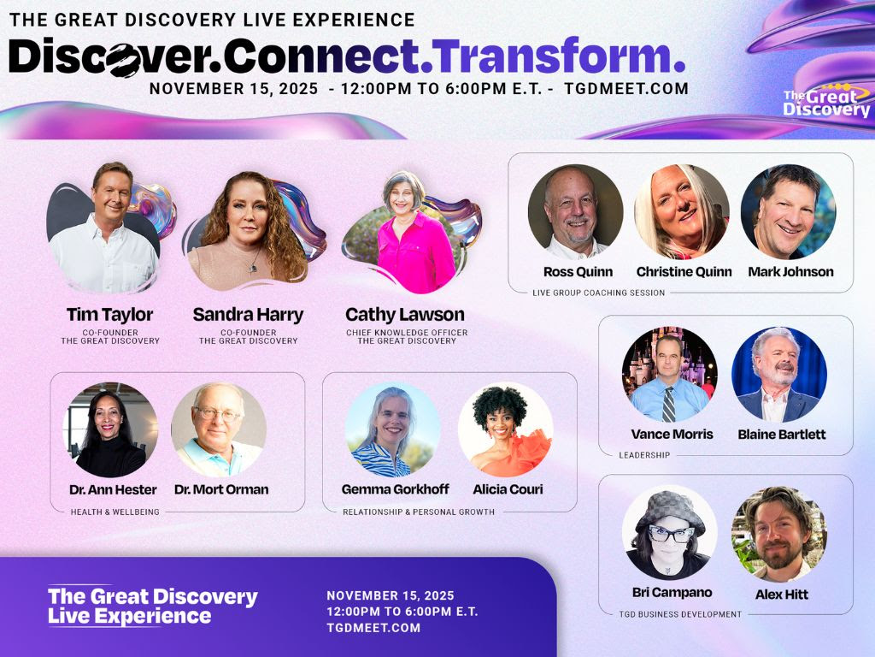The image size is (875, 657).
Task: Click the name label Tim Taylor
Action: point(109,315)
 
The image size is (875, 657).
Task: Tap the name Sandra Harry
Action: point(249,315)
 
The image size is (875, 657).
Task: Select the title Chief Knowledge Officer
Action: point(407,333)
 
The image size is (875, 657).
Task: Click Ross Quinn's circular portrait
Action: point(575,212)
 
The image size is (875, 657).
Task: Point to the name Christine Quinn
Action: point(684,272)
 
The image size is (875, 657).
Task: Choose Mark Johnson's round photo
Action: point(789,212)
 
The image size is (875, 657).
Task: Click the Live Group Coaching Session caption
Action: point(599,293)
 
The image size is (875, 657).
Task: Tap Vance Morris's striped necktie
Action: point(668,404)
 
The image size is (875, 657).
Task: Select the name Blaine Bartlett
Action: point(782,434)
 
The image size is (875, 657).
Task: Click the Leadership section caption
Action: point(644,455)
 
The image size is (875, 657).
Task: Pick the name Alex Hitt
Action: point(782,595)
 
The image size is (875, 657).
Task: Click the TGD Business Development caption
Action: point(680,614)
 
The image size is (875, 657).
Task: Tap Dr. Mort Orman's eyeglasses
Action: point(217,414)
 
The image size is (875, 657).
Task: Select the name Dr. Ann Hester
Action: point(114,490)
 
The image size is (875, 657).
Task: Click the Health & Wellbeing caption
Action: point(115,512)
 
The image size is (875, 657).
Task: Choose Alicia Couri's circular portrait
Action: point(506,429)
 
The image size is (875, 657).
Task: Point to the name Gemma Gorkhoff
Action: point(395,489)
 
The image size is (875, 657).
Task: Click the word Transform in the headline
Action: point(553,56)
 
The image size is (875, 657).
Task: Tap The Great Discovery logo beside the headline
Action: point(826,101)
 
